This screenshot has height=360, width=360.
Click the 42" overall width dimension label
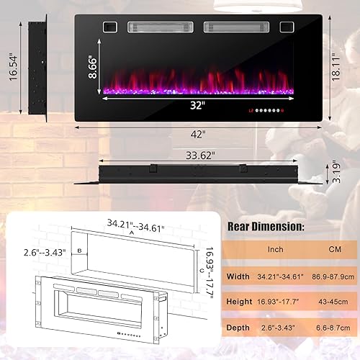pos(199,133)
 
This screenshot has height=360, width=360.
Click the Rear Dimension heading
pos(265,226)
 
